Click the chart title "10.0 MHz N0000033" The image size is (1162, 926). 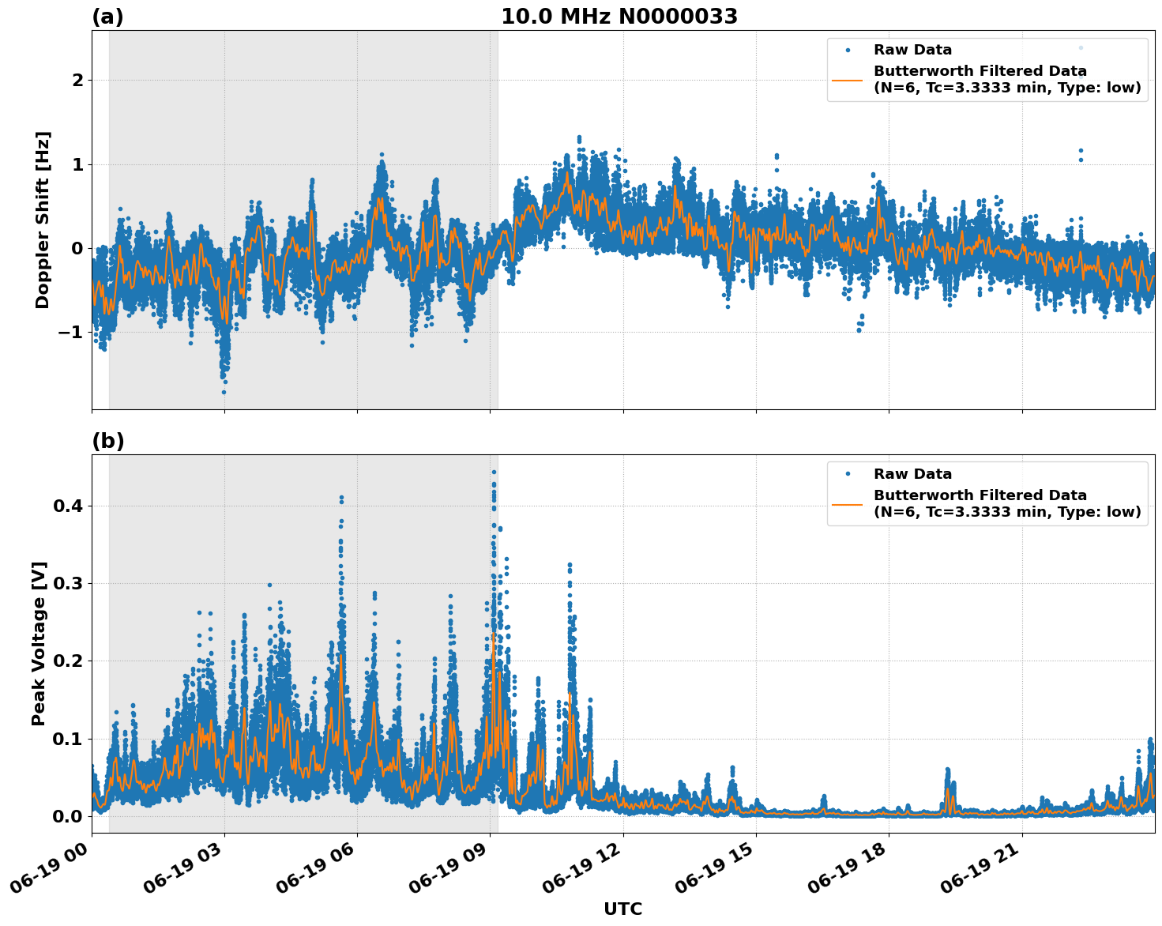(x=619, y=17)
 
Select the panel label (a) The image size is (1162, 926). (x=107, y=17)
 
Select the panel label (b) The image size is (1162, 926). (x=107, y=441)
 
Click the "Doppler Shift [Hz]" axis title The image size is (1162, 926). (x=43, y=220)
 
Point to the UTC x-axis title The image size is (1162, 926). (x=622, y=909)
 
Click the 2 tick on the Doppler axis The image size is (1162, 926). (x=77, y=81)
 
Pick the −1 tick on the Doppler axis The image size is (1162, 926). (x=70, y=332)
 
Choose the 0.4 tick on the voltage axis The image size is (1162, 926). (x=67, y=506)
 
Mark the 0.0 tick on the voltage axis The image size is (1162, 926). (x=67, y=816)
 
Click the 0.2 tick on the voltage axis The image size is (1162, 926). (x=67, y=661)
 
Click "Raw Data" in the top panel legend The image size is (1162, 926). (x=912, y=51)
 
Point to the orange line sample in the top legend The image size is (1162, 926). (x=847, y=80)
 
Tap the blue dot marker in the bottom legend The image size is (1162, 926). (x=847, y=474)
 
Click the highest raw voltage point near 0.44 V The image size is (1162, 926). (x=494, y=472)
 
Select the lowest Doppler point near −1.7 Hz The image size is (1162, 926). (x=224, y=392)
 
